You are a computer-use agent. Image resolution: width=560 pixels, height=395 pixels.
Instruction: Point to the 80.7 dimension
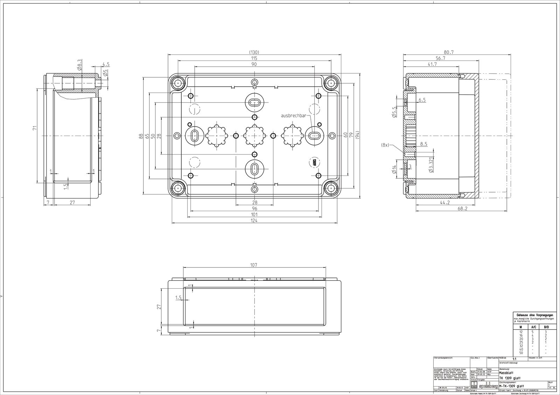pos(448,52)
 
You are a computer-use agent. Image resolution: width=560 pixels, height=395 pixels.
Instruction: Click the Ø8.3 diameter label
pos(80,65)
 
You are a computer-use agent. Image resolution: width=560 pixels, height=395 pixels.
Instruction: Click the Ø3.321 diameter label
pos(431,164)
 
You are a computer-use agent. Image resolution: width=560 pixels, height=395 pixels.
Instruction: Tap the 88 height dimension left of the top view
pos(141,136)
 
